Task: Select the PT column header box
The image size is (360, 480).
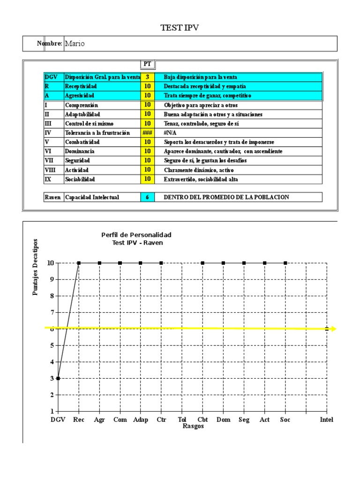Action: click(x=147, y=64)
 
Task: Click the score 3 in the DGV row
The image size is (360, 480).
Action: click(x=147, y=77)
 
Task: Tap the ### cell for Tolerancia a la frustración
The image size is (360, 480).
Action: click(x=147, y=133)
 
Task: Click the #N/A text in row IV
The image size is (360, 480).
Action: click(x=170, y=133)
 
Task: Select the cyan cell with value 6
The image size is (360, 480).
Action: click(x=147, y=197)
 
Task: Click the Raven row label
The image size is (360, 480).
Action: click(x=52, y=197)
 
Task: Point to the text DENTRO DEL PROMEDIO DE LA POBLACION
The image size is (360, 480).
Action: click(x=226, y=197)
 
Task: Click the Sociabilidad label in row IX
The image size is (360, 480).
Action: click(x=80, y=179)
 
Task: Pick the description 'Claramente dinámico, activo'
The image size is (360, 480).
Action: click(x=198, y=170)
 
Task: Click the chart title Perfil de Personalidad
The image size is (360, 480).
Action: click(x=136, y=234)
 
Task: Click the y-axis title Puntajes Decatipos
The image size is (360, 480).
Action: click(x=36, y=267)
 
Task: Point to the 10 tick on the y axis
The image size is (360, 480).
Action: click(x=50, y=263)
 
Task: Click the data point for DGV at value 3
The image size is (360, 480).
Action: click(x=58, y=378)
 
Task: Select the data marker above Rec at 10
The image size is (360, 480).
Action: click(x=79, y=263)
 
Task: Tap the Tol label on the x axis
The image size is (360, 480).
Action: click(x=182, y=420)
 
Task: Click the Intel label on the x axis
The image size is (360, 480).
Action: click(x=326, y=420)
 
